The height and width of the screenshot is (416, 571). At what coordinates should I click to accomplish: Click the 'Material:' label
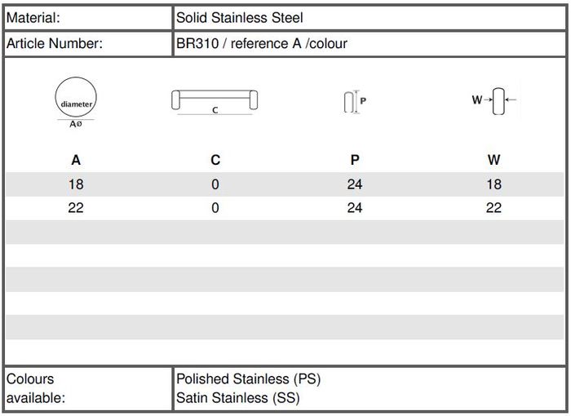33,16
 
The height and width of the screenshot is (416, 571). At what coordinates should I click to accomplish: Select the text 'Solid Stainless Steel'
240,16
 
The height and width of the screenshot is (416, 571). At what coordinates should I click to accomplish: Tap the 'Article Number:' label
55,43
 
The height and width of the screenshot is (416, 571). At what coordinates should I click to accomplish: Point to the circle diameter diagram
76,102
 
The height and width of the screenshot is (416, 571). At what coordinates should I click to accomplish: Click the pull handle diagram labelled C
215,101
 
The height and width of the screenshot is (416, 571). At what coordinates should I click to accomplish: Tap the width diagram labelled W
494,101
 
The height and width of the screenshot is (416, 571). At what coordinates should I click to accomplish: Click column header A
76,160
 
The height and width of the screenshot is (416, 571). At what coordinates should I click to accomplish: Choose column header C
215,160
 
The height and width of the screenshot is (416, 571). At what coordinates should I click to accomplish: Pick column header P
354,160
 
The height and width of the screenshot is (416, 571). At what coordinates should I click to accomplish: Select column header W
494,160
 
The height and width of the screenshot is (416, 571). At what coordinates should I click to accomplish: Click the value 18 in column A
76,184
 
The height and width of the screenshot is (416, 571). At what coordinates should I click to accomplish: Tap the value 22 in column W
494,208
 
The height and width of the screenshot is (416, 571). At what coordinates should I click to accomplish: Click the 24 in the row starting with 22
354,208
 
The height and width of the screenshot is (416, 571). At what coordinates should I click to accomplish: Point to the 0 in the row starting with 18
215,184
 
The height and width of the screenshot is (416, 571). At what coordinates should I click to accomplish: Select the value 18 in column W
494,184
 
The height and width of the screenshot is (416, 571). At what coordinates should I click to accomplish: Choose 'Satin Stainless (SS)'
238,398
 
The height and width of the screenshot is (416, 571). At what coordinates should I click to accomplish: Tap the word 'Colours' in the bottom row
30,379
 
